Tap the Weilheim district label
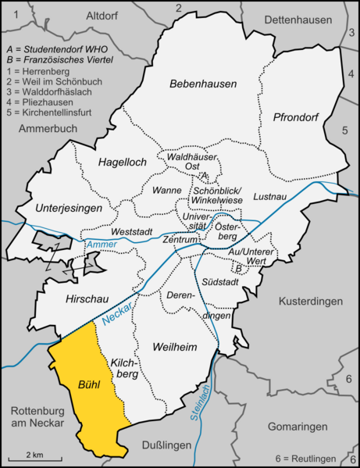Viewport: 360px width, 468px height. (x=174, y=346)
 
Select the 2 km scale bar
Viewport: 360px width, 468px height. (x=32, y=456)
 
